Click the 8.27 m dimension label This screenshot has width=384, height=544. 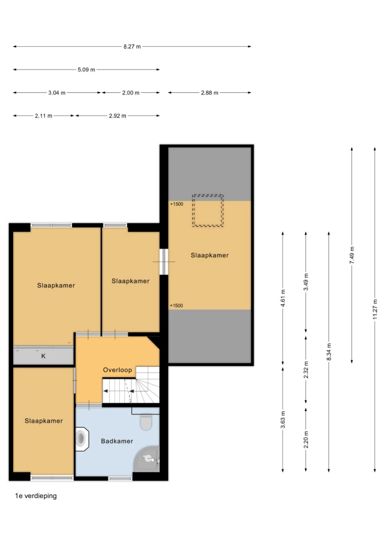pos(132,46)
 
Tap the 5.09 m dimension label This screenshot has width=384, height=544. pos(86,70)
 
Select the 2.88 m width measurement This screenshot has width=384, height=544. pos(210,93)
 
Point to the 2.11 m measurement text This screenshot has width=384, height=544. pos(43,116)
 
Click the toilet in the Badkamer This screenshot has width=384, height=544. pos(146,421)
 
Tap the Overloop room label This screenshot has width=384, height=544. pos(117,370)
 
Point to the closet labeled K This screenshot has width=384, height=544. pos(43,356)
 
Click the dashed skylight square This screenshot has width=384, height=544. pos(208,211)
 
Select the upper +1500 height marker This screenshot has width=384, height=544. pos(177,204)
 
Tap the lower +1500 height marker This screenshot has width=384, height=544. pos(176,306)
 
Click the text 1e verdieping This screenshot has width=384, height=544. pos(36,496)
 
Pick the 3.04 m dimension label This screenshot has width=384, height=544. pos(57,93)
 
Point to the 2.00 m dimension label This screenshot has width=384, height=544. pos(131,93)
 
